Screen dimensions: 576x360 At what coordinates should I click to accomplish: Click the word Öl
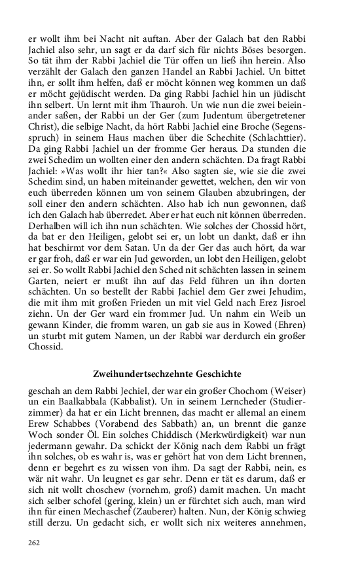point(102,439)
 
